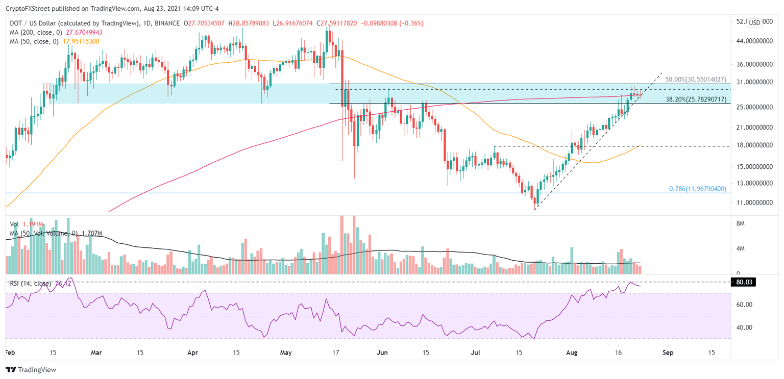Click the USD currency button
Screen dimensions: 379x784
pyautogui.click(x=754, y=22)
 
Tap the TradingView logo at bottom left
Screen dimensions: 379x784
pyautogui.click(x=31, y=370)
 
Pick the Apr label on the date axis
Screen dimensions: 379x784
pyautogui.click(x=192, y=352)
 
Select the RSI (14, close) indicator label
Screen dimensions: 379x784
pyautogui.click(x=29, y=284)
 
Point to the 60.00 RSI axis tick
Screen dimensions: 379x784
pyautogui.click(x=747, y=305)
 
